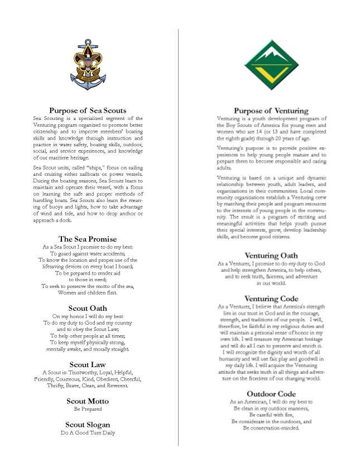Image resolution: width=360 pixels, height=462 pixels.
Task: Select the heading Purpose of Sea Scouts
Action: tap(88, 110)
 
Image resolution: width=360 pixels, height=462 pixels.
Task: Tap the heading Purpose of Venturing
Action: tap(270, 110)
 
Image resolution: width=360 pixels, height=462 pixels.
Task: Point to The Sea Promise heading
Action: tap(88, 239)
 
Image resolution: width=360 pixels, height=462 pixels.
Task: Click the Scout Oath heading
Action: tap(88, 308)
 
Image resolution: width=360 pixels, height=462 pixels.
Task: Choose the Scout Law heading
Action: tap(88, 364)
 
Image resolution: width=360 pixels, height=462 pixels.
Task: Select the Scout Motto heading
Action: tap(88, 401)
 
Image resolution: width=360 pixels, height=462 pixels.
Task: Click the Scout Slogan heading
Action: tap(88, 425)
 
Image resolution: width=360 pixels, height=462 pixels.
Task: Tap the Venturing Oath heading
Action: tap(270, 255)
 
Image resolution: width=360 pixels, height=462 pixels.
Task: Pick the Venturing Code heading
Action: tap(270, 299)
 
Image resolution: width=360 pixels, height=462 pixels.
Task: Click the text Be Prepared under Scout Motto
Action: tap(88, 409)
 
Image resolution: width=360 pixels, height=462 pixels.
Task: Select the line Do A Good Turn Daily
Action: tap(88, 432)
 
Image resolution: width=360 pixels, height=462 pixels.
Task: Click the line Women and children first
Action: tap(88, 293)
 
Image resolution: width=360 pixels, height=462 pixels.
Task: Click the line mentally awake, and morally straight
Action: tap(88, 349)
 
